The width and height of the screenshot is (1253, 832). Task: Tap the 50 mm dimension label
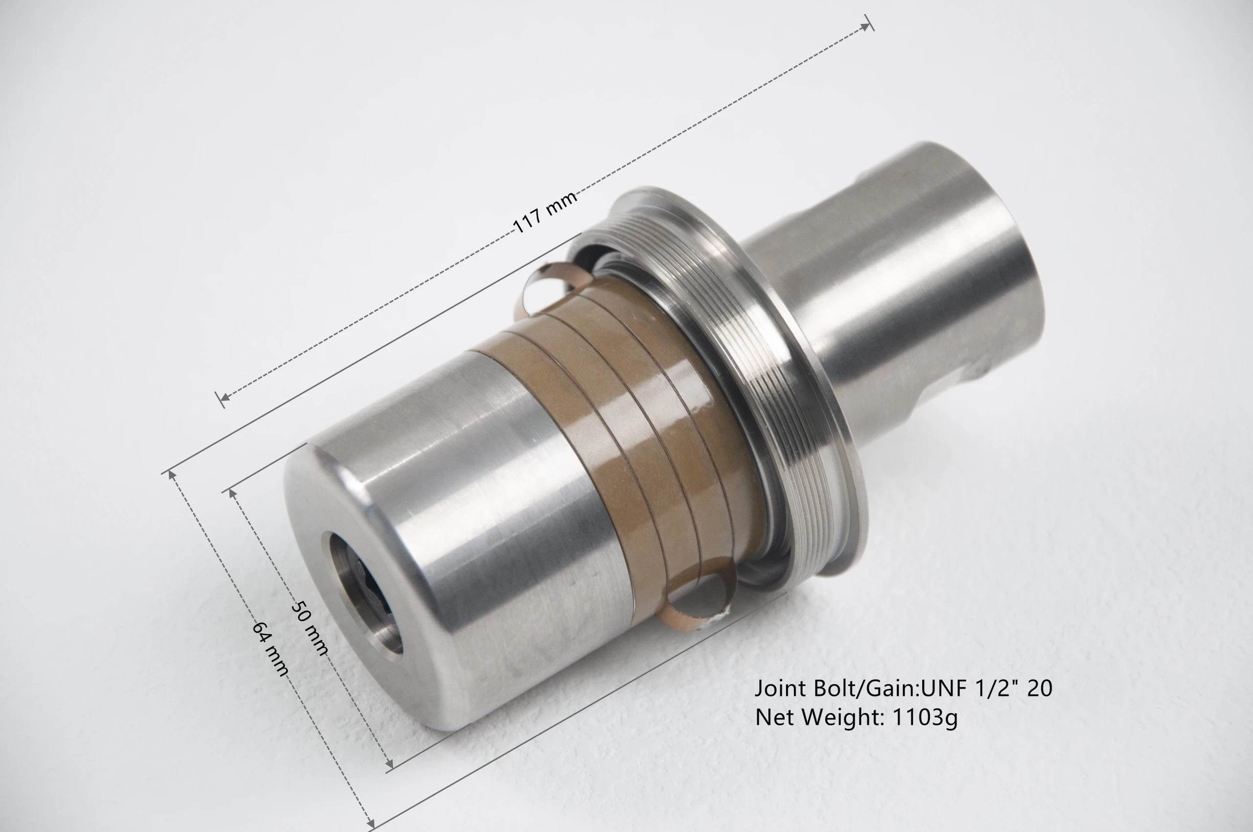tap(310, 628)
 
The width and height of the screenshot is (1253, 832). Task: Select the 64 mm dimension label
tap(271, 649)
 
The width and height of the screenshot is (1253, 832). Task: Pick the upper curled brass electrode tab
tap(555, 286)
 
